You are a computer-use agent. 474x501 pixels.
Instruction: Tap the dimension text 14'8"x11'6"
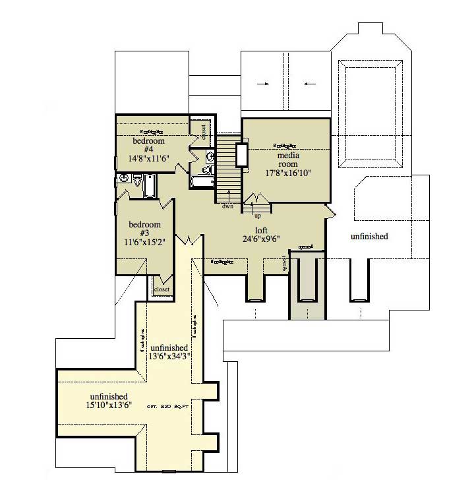pyautogui.click(x=148, y=158)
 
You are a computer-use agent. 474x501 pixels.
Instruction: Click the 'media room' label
pyautogui.click(x=287, y=160)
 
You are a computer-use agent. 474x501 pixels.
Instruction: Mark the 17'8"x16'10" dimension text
pyautogui.click(x=287, y=173)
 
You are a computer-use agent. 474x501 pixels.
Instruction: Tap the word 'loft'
pyautogui.click(x=262, y=230)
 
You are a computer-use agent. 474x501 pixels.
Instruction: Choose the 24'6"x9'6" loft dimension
pyautogui.click(x=262, y=239)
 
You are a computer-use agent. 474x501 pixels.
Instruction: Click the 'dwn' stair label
pyautogui.click(x=228, y=206)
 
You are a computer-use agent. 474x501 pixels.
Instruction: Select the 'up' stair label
pyautogui.click(x=257, y=216)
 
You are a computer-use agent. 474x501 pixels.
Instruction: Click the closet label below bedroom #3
pyautogui.click(x=162, y=289)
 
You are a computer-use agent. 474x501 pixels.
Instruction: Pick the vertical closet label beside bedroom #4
pyautogui.click(x=203, y=127)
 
